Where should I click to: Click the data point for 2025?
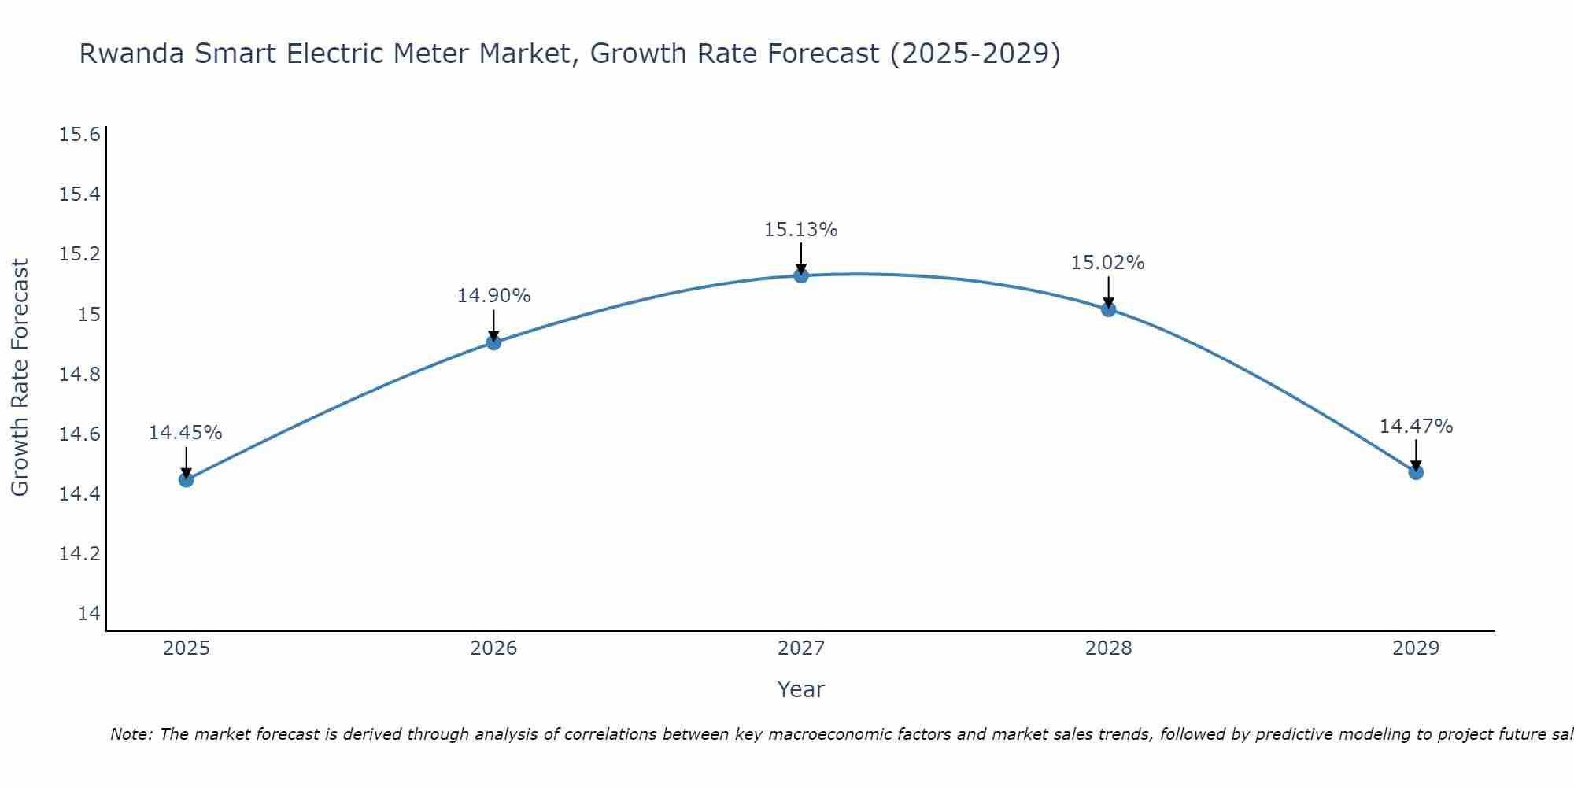[186, 479]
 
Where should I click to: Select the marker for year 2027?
[801, 275]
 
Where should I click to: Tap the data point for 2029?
[1416, 472]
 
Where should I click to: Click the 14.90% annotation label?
[493, 296]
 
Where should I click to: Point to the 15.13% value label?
[801, 230]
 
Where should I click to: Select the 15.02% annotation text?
[1108, 263]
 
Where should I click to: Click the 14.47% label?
[1416, 427]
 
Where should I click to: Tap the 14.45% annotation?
[186, 433]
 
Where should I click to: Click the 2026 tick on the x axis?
[493, 648]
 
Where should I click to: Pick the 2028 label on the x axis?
[1108, 648]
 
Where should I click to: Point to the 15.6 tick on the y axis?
[80, 135]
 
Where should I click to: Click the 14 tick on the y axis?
[89, 614]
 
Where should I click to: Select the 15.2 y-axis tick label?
[80, 254]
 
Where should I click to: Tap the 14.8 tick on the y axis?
[80, 375]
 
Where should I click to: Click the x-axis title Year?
[800, 689]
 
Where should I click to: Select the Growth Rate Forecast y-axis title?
[20, 378]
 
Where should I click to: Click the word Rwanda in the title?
[132, 54]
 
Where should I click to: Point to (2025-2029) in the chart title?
[975, 54]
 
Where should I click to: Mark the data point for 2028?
[1108, 309]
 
